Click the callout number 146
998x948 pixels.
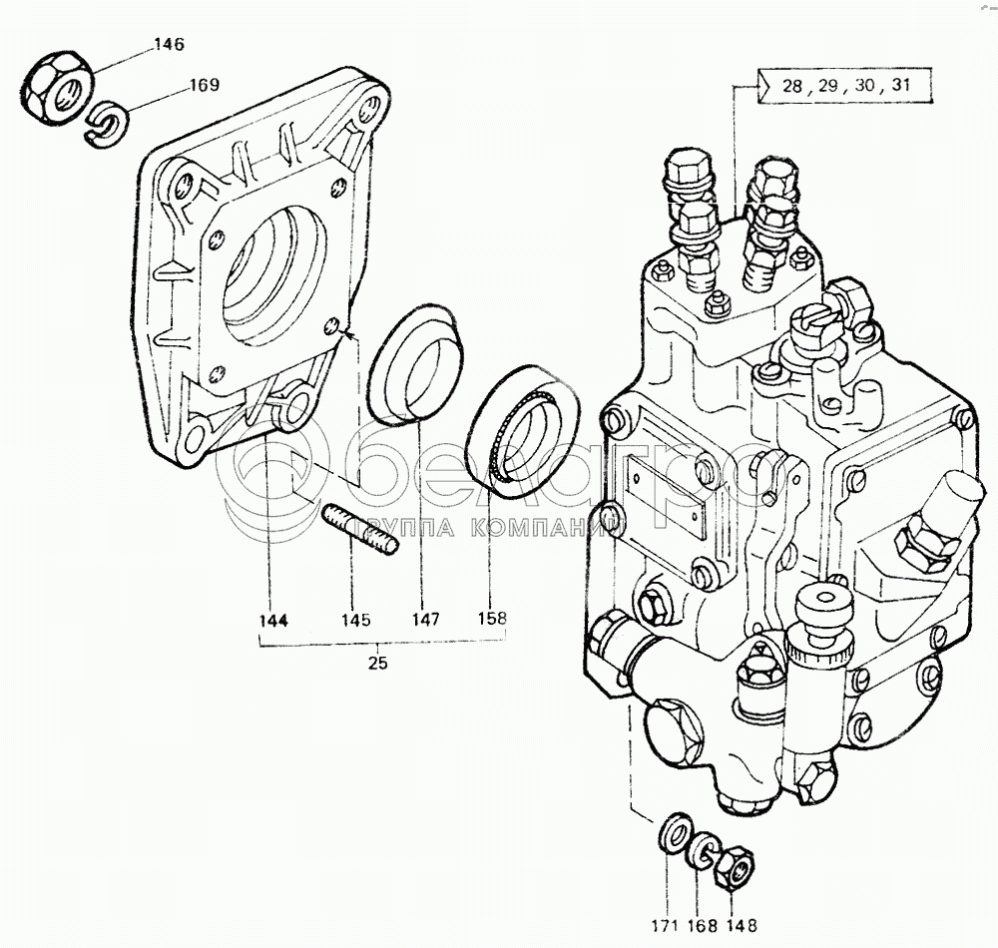pyautogui.click(x=170, y=44)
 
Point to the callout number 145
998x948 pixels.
pyautogui.click(x=354, y=620)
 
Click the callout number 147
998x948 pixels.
pyautogui.click(x=425, y=620)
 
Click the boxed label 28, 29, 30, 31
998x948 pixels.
pyautogui.click(x=844, y=87)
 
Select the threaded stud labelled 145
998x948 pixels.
pyautogui.click(x=359, y=531)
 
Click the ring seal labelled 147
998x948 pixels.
pyautogui.click(x=413, y=366)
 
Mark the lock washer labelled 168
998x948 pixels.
pyautogui.click(x=703, y=850)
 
